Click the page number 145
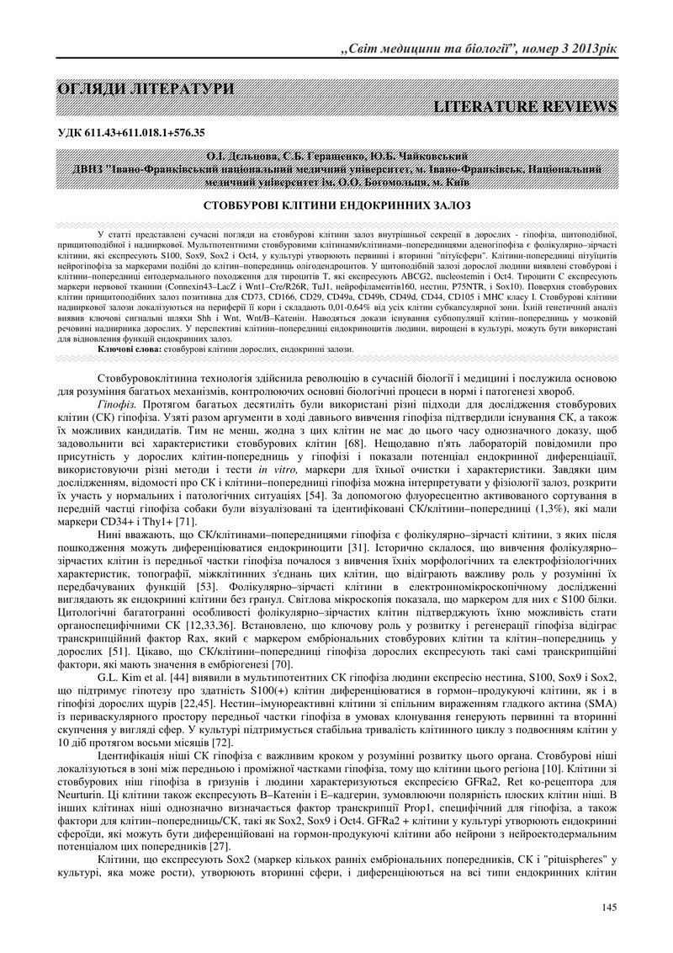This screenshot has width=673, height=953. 609,906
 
